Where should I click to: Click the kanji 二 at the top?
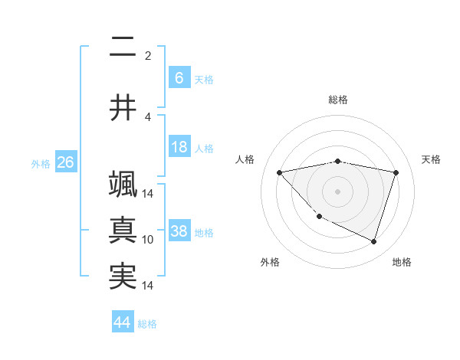pyautogui.click(x=123, y=48)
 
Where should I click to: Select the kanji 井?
pyautogui.click(x=123, y=108)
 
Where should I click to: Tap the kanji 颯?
pyautogui.click(x=123, y=185)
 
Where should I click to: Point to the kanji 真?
pyautogui.click(x=123, y=231)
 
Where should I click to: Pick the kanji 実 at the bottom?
pyautogui.click(x=123, y=277)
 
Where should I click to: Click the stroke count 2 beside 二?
pyautogui.click(x=148, y=55)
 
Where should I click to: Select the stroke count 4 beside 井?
pyautogui.click(x=148, y=116)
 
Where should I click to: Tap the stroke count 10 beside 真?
pyautogui.click(x=148, y=239)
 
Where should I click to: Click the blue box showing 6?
pyautogui.click(x=179, y=78)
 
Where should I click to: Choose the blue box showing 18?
pyautogui.click(x=179, y=147)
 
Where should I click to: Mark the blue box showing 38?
pyautogui.click(x=179, y=231)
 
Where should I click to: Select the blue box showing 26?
pyautogui.click(x=65, y=162)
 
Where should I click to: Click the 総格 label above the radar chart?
pyautogui.click(x=337, y=100)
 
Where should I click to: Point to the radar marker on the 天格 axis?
pyautogui.click(x=396, y=172)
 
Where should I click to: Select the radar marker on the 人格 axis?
pyautogui.click(x=279, y=172)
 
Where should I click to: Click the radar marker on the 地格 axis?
pyautogui.click(x=373, y=241)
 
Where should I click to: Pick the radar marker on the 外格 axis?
pyautogui.click(x=320, y=217)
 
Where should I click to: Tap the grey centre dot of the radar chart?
pyautogui.click(x=337, y=191)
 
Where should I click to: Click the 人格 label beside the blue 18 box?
pyautogui.click(x=204, y=148)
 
